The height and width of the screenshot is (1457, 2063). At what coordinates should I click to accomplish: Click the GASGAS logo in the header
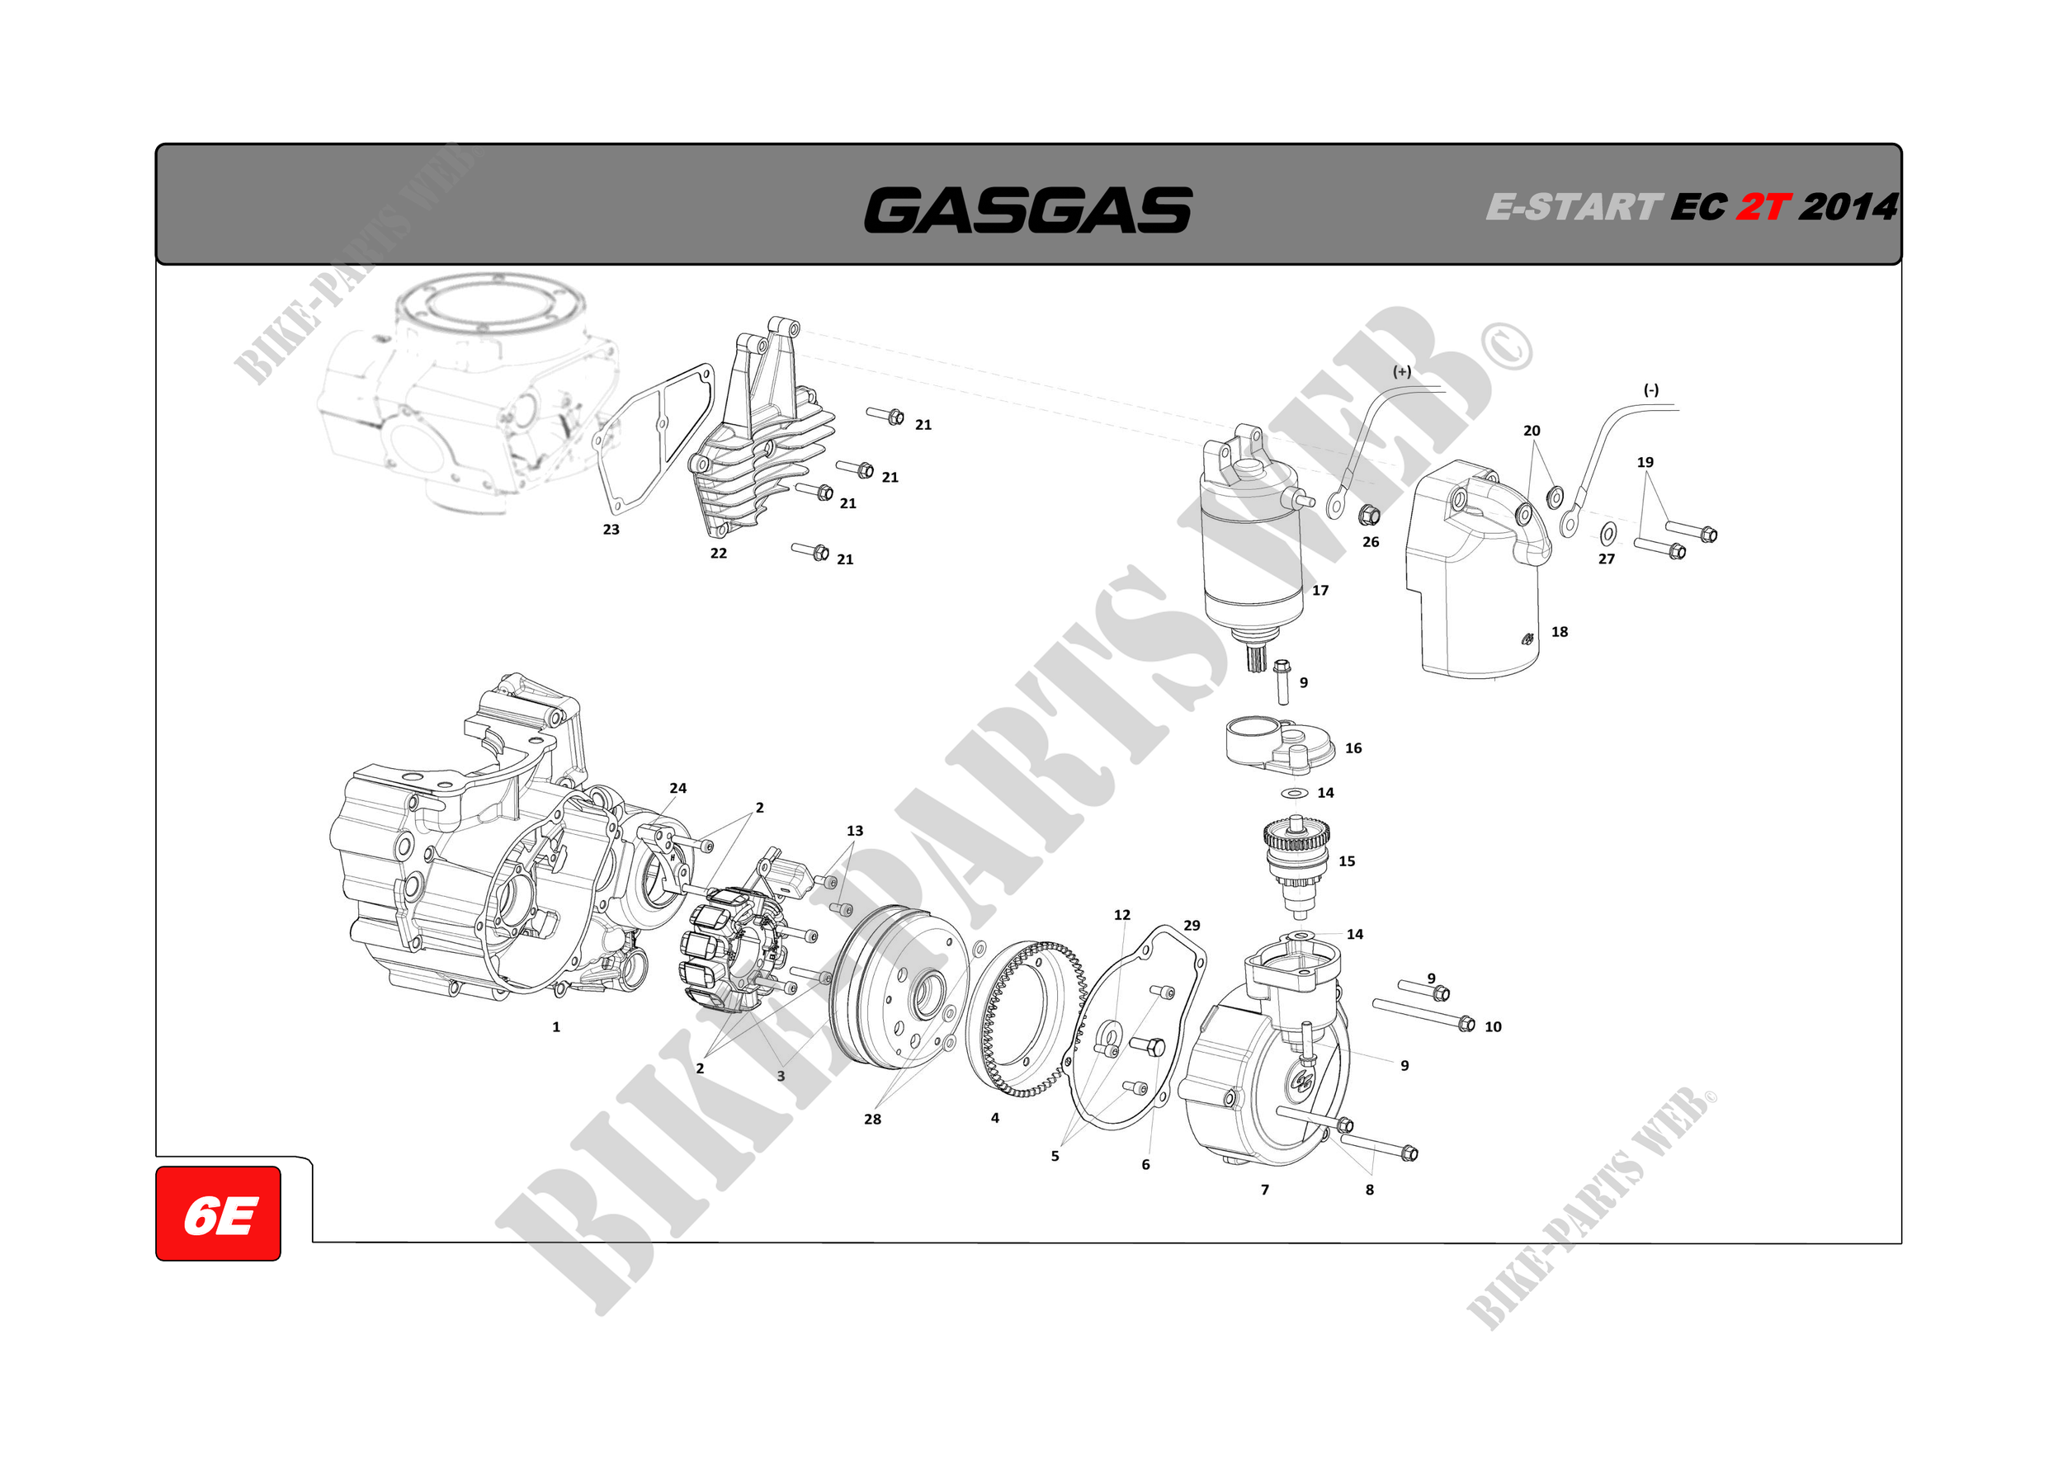click(x=1028, y=210)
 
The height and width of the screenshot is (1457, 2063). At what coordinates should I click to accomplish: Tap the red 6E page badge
click(x=219, y=1213)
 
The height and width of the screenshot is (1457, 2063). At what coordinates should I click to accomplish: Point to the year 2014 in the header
click(x=1848, y=208)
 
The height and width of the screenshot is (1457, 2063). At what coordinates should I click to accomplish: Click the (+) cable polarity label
click(x=1402, y=371)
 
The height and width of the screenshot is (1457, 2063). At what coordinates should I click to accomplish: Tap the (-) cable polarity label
click(x=1651, y=390)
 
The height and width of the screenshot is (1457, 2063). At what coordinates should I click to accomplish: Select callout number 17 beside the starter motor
click(x=1320, y=590)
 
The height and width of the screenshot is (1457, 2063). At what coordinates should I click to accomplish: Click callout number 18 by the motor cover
click(x=1560, y=631)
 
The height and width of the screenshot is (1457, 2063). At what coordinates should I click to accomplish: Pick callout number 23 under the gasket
click(x=611, y=529)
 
